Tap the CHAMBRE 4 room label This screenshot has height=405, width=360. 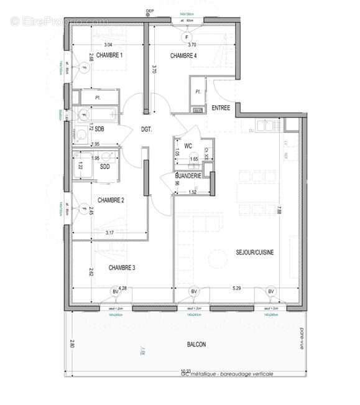coord(183,55)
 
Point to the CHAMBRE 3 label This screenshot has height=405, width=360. coord(122,268)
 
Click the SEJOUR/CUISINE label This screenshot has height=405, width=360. coord(255,252)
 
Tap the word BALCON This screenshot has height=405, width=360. coord(196,345)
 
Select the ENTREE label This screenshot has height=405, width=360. coord(221,108)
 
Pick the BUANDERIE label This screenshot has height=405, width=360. coord(188,176)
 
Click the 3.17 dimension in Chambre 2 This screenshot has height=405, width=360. coord(109,233)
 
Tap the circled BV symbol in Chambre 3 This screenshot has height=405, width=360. coord(116,291)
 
